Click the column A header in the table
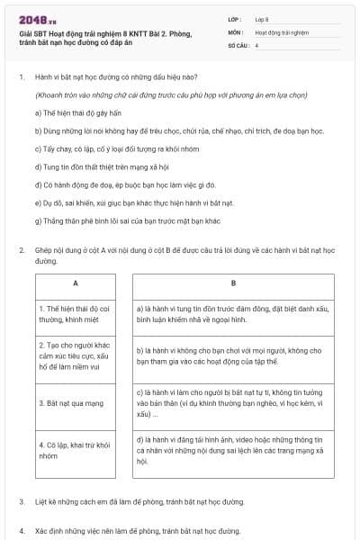pos(76,283)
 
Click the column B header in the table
pos(233,283)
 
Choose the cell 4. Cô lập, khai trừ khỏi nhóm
pos(76,450)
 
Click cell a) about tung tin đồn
pos(233,313)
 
